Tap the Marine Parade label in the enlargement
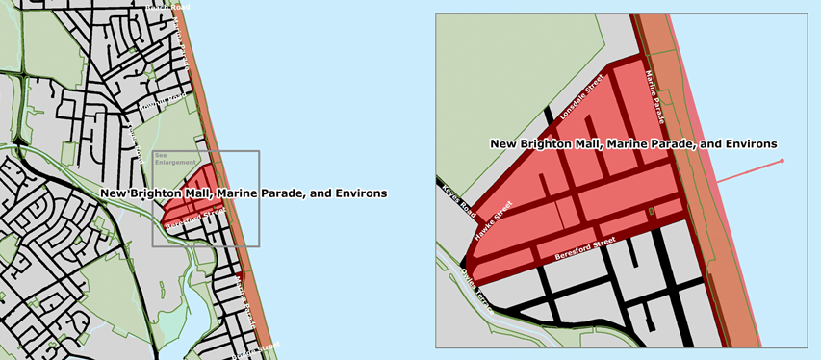click(655, 96)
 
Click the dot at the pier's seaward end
click(782, 160)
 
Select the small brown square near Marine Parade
click(652, 210)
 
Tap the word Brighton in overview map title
click(159, 193)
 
